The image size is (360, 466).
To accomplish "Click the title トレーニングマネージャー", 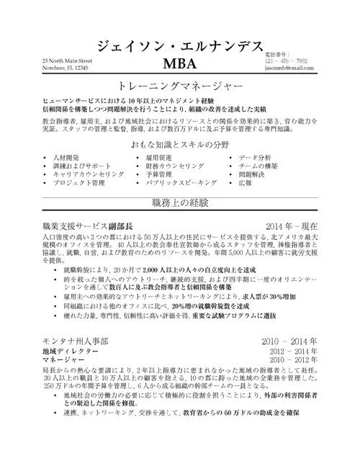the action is (x=179, y=92).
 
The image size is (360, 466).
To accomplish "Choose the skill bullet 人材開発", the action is (x=68, y=157).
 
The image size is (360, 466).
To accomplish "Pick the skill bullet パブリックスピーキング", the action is (x=176, y=184).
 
